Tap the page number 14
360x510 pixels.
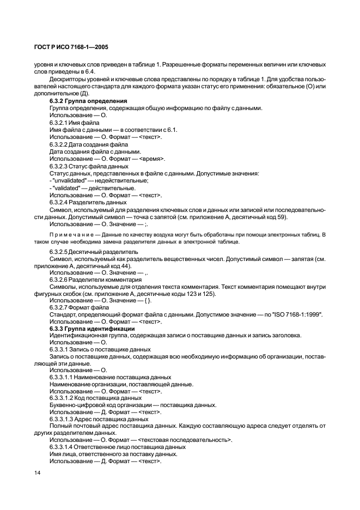click(x=38, y=473)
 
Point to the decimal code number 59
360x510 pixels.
click(x=283, y=217)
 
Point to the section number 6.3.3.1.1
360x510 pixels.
click(x=64, y=377)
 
